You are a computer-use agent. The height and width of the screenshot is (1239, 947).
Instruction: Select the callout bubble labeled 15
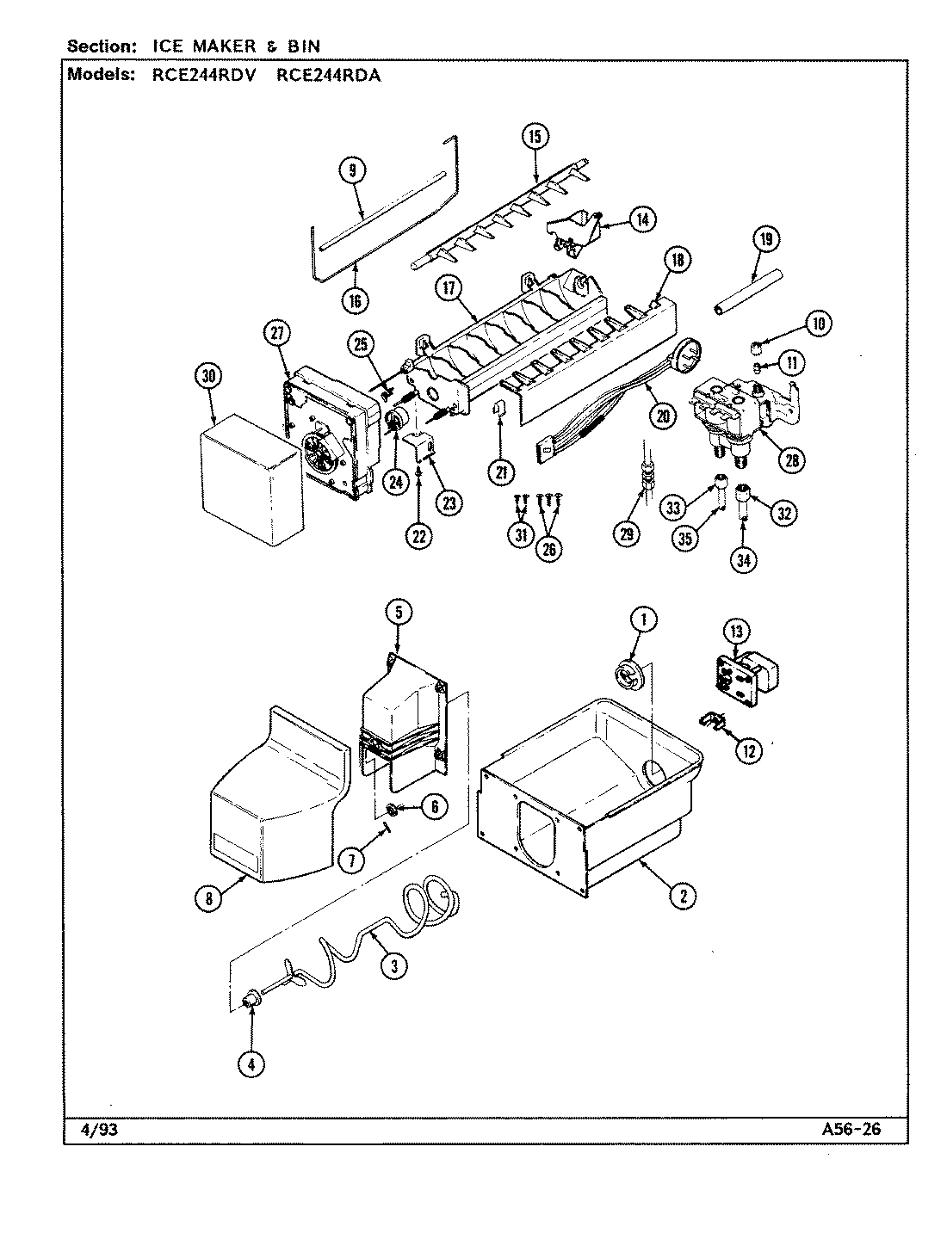click(x=535, y=136)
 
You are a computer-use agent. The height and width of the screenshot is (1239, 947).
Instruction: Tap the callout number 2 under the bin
click(x=682, y=896)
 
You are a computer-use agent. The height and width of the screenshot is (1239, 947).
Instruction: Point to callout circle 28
click(x=791, y=459)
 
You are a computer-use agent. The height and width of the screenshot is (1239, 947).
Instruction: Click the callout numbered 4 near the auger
click(x=251, y=1064)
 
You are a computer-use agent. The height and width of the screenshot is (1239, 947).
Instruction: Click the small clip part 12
click(x=713, y=719)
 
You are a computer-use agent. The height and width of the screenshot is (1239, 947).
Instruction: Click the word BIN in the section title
click(x=302, y=45)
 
